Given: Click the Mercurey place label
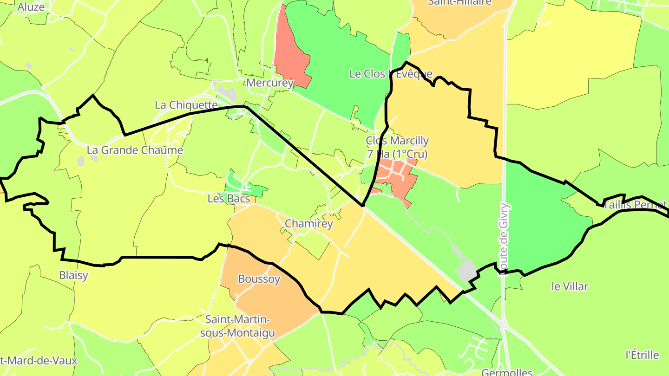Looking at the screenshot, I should [270, 83].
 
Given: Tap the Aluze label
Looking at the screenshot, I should [31, 6].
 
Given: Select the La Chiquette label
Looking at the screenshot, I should [186, 105].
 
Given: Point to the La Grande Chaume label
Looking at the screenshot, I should [135, 150].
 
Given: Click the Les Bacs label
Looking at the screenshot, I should [229, 199].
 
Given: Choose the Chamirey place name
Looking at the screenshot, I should [309, 224].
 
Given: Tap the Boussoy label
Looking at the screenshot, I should [259, 279].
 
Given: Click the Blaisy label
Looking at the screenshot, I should [73, 275].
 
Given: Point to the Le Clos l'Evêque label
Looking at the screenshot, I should [390, 74].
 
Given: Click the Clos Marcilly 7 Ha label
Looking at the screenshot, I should [397, 147].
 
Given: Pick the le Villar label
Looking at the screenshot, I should [570, 286].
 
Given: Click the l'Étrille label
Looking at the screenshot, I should [642, 355].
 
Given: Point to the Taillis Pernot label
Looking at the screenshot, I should [635, 205].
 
